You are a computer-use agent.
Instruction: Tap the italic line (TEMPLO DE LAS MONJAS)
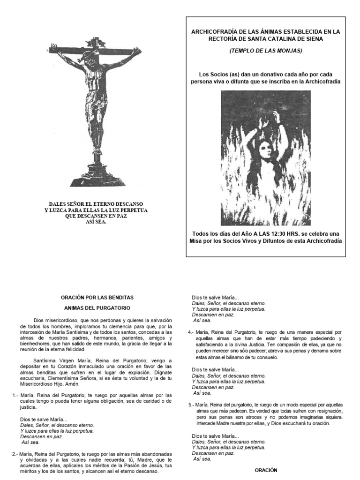point(266,51)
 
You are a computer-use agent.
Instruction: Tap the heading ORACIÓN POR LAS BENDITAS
point(97,297)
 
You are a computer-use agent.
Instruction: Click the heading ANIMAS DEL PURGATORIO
point(97,308)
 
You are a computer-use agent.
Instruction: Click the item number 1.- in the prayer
point(16,395)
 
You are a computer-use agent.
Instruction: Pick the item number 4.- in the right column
point(191,332)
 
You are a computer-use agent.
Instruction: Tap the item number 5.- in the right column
point(191,404)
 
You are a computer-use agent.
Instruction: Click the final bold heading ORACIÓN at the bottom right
point(266,470)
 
